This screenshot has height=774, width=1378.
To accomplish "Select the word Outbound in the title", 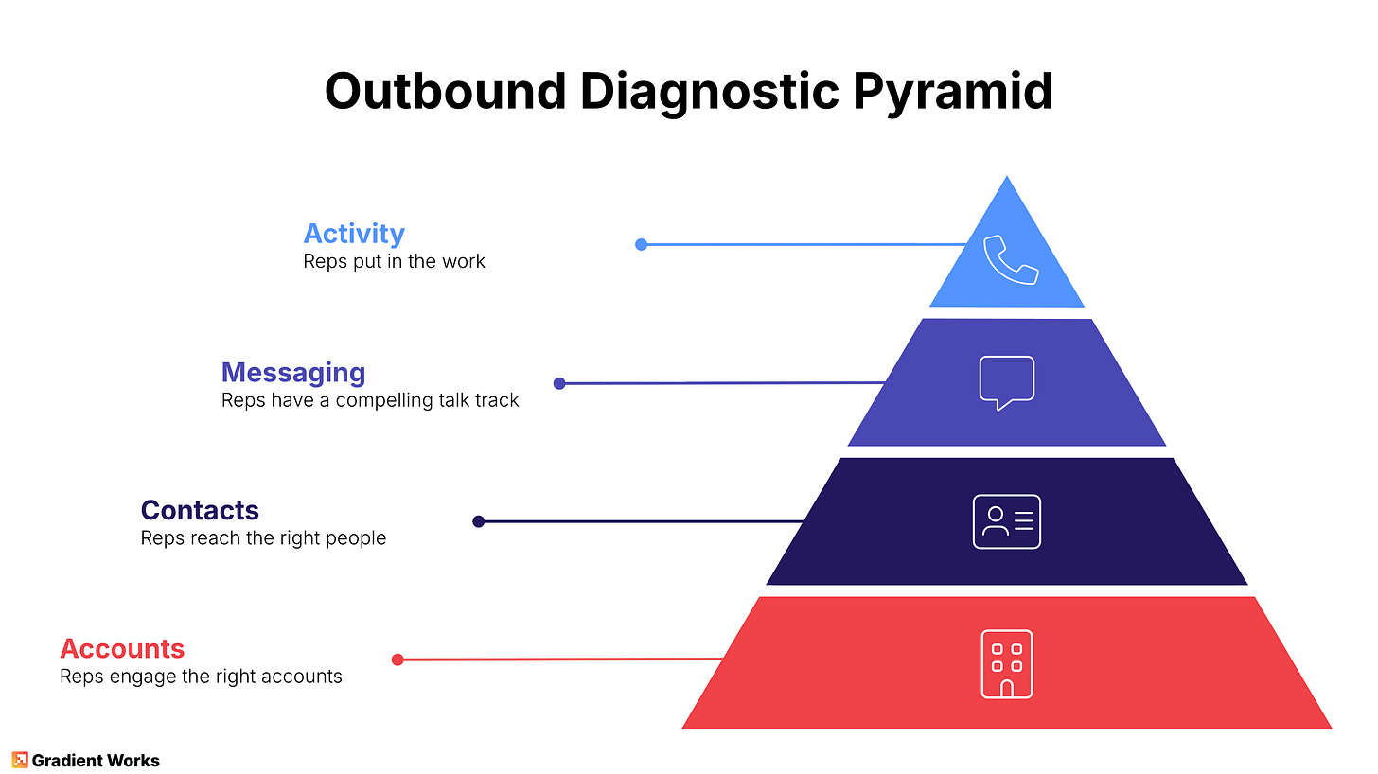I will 444,92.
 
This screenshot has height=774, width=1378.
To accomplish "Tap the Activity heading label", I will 354,233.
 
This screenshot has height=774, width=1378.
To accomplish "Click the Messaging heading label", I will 293,372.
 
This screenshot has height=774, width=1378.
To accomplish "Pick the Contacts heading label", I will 200,510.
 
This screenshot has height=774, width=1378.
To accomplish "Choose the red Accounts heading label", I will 122,648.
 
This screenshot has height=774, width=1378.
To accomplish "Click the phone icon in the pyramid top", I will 1011,259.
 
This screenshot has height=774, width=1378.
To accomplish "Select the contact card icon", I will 1006,521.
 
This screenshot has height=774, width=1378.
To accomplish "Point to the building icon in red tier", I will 1006,663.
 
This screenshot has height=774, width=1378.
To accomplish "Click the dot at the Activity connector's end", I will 641,244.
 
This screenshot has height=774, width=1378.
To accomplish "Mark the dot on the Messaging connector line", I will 559,383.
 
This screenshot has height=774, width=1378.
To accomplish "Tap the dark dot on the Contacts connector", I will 478,521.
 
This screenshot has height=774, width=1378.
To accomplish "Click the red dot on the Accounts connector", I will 397,660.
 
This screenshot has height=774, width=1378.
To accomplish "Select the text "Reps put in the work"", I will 394,261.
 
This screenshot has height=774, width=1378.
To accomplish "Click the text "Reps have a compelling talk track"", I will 370,400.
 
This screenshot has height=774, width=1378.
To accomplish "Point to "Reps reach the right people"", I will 263,538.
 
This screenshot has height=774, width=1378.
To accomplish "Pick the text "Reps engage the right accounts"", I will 201,677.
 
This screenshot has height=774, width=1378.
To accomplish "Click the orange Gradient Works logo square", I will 20,760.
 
